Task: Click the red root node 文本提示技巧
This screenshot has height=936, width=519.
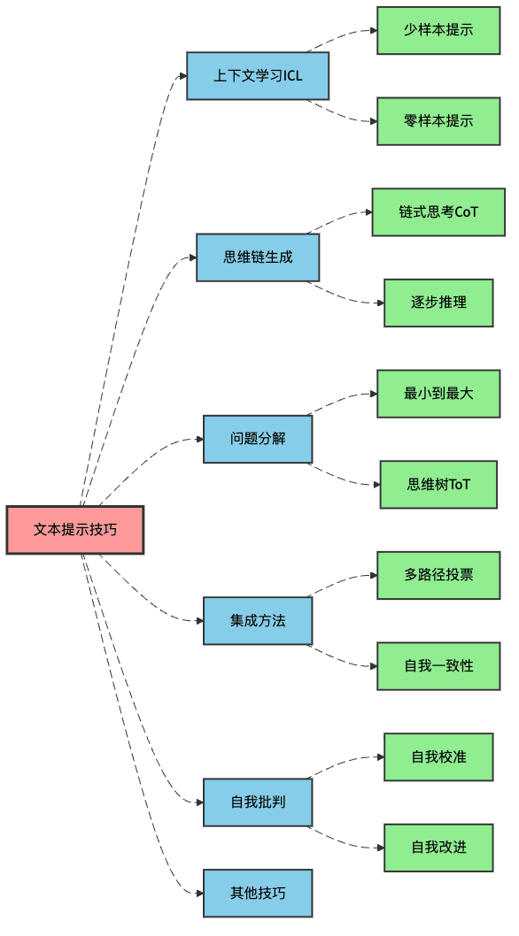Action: [x=75, y=530]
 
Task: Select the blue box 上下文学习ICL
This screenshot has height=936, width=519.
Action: [x=258, y=76]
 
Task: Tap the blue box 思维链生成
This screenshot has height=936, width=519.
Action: [x=258, y=257]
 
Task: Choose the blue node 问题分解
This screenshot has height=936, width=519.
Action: [x=258, y=439]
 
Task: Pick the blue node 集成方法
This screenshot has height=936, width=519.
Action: [x=258, y=620]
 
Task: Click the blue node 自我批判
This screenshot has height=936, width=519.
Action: [x=258, y=802]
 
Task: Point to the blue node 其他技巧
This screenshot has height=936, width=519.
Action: [x=258, y=894]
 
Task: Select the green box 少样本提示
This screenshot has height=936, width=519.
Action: [x=438, y=30]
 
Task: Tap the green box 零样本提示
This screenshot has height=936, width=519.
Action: [x=438, y=121]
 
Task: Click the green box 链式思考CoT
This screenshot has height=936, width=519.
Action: [x=438, y=212]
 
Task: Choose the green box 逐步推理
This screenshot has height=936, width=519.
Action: [x=438, y=303]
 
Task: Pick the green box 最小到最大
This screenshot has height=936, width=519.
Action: [x=438, y=394]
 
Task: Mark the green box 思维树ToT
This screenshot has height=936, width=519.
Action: [x=438, y=485]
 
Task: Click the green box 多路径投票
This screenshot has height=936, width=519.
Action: [x=438, y=575]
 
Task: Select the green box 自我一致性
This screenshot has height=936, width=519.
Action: [x=438, y=666]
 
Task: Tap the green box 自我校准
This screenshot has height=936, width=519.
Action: [x=438, y=757]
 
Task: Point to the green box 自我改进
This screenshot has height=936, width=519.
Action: [x=438, y=848]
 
